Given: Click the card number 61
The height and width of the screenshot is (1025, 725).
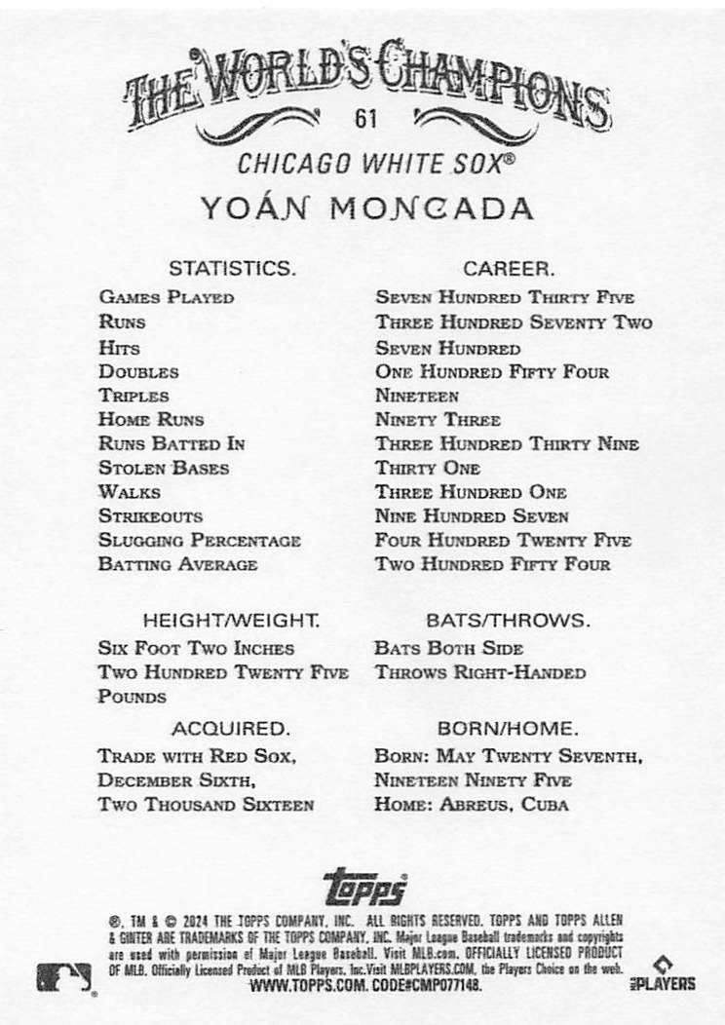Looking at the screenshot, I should pyautogui.click(x=366, y=121).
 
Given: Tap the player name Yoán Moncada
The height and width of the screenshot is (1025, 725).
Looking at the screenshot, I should pyautogui.click(x=366, y=209).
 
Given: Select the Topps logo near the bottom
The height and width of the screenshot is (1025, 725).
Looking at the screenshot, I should pyautogui.click(x=363, y=888).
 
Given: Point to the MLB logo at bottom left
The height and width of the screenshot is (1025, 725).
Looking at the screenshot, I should pyautogui.click(x=64, y=975).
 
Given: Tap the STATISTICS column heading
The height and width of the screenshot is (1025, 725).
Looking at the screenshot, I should pyautogui.click(x=231, y=268).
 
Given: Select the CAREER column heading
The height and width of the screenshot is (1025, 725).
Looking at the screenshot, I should pyautogui.click(x=509, y=268).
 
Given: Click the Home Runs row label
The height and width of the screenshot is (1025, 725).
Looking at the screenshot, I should pyautogui.click(x=151, y=420).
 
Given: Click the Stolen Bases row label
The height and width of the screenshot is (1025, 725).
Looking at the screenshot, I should pyautogui.click(x=164, y=468).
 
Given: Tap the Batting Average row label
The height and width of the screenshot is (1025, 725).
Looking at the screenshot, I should pyautogui.click(x=177, y=564).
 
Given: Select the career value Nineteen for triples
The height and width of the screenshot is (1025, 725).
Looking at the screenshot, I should pyautogui.click(x=417, y=396).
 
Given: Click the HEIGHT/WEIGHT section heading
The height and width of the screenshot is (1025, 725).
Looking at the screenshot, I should pyautogui.click(x=231, y=620).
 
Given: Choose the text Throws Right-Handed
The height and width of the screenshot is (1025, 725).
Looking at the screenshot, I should pyautogui.click(x=479, y=672).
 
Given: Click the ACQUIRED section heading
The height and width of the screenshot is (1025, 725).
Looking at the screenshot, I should pyautogui.click(x=231, y=728).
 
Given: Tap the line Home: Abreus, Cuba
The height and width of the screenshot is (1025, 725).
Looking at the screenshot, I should pyautogui.click(x=472, y=805).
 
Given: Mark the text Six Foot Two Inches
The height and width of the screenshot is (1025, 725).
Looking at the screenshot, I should pyautogui.click(x=196, y=648).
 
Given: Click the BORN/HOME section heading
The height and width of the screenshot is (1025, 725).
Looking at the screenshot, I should pyautogui.click(x=509, y=728).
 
